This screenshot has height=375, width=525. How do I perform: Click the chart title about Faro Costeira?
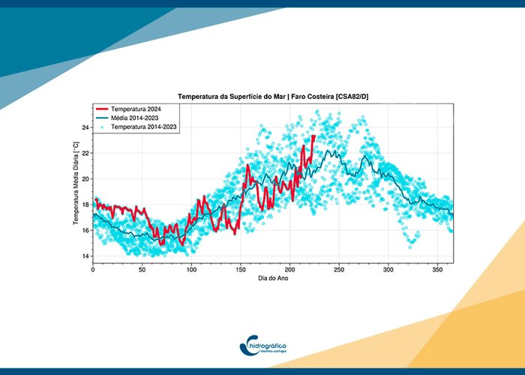(273, 97)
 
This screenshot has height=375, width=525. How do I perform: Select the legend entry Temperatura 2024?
(138, 109)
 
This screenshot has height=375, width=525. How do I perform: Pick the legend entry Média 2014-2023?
(136, 118)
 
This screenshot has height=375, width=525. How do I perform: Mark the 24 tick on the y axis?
(85, 127)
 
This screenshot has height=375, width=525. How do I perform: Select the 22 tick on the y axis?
(85, 153)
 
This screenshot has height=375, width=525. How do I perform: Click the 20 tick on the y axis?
(85, 178)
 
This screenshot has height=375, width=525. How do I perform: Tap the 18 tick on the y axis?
(85, 205)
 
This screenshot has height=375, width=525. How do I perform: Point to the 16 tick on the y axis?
(85, 230)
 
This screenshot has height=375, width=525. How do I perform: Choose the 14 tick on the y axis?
(85, 256)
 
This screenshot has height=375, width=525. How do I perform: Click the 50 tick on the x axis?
(142, 270)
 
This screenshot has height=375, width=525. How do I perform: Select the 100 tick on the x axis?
(191, 270)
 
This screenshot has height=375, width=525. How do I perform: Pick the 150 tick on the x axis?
(241, 270)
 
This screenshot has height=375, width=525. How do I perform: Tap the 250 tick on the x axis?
(339, 270)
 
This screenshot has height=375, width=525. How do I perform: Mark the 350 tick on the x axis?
(438, 270)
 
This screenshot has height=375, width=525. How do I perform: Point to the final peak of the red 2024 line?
(313, 136)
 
